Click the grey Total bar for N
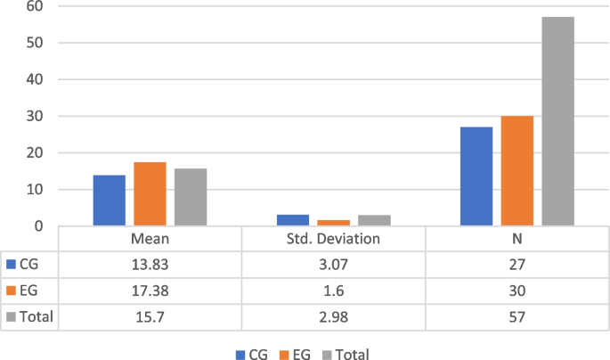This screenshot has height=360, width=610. click(557, 121)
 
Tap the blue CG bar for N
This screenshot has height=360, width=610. click(476, 176)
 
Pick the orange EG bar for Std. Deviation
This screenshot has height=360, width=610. click(333, 223)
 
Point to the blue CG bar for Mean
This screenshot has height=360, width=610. click(109, 200)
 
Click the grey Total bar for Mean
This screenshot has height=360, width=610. click(191, 197)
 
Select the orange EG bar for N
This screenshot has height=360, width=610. click(516, 171)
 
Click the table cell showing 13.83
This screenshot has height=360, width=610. click(150, 265)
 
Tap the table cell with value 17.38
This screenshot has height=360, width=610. click(150, 290)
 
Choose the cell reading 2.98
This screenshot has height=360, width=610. click(333, 316)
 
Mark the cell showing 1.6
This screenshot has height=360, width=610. click(333, 290)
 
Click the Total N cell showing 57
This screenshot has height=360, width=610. click(516, 316)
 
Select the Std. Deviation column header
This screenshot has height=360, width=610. click(333, 240)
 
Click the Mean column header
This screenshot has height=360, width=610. click(150, 240)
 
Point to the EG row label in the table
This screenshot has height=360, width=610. click(27, 290)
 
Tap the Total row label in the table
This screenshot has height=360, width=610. click(34, 316)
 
